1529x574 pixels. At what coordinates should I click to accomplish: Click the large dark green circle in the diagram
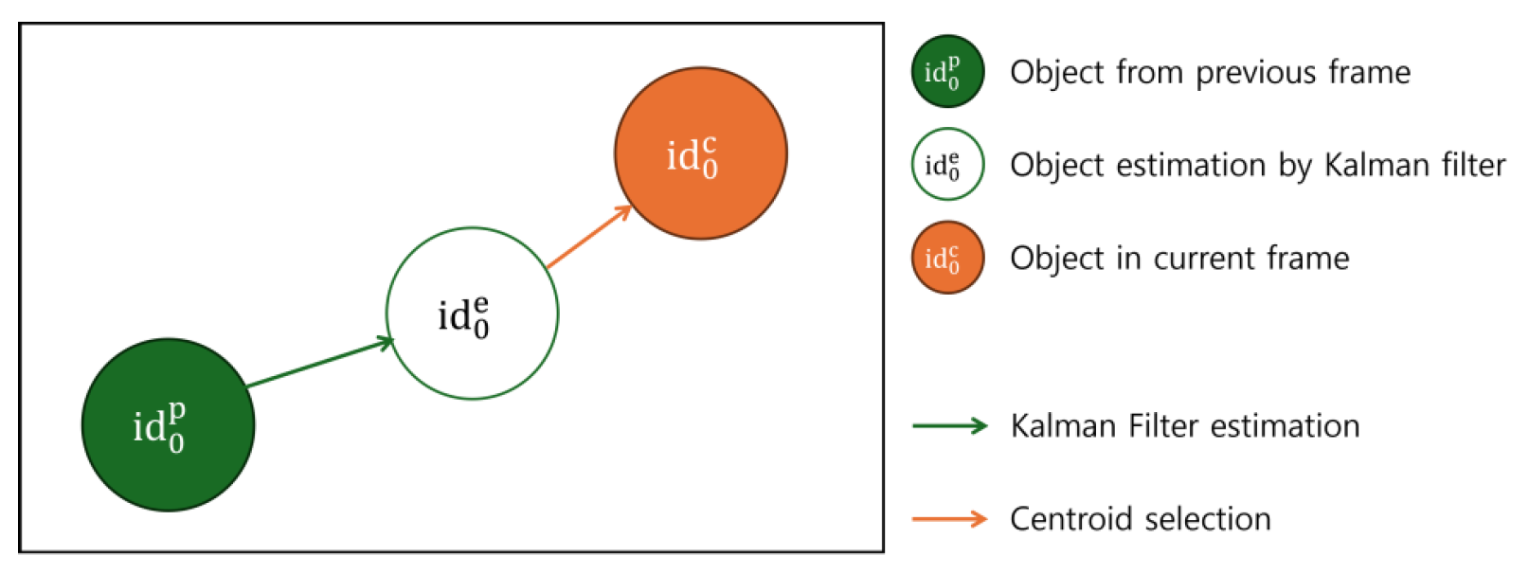168,424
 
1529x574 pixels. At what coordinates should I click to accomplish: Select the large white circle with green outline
472,313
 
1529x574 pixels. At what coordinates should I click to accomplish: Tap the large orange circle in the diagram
700,152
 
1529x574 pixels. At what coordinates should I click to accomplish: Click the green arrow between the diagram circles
320,363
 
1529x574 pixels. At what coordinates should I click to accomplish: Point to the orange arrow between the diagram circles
588,236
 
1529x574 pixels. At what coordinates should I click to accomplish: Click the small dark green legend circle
947,71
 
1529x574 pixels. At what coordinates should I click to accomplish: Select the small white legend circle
947,164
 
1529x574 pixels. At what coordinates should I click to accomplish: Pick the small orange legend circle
947,257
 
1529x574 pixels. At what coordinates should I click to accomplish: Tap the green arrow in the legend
949,426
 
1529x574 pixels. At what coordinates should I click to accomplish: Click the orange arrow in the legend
949,518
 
